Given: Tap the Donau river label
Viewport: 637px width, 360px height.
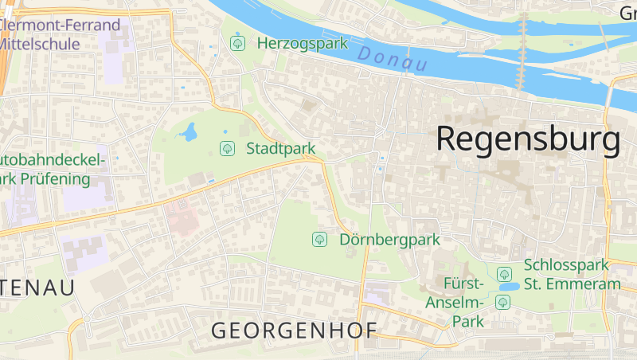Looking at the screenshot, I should [393, 59].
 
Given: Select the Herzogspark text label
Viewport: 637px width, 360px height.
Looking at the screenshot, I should [303, 43].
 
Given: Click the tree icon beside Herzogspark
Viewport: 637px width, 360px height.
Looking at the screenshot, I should [237, 43].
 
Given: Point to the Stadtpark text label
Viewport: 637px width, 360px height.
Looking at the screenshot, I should [280, 148].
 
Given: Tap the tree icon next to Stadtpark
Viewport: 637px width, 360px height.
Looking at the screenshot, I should [227, 148].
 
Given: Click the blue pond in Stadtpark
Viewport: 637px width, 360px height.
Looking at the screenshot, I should [189, 132].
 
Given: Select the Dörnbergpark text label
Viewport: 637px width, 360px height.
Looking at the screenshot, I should [389, 239].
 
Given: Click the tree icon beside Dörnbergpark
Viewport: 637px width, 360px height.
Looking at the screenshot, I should [319, 239].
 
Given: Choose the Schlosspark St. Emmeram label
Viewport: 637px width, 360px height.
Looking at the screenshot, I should [572, 274].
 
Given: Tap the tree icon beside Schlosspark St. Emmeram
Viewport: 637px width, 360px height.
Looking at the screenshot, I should [504, 274].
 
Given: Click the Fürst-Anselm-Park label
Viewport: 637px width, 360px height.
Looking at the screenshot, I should [465, 303].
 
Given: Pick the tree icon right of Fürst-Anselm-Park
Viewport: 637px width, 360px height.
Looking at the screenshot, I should [502, 302].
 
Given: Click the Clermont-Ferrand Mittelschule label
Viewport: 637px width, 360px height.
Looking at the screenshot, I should [60, 34].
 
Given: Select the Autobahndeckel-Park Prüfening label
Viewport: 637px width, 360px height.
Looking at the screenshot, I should [53, 169].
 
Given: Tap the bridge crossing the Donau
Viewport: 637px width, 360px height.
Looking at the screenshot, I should [523, 52].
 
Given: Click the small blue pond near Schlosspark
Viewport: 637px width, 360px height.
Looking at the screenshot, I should [508, 286].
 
